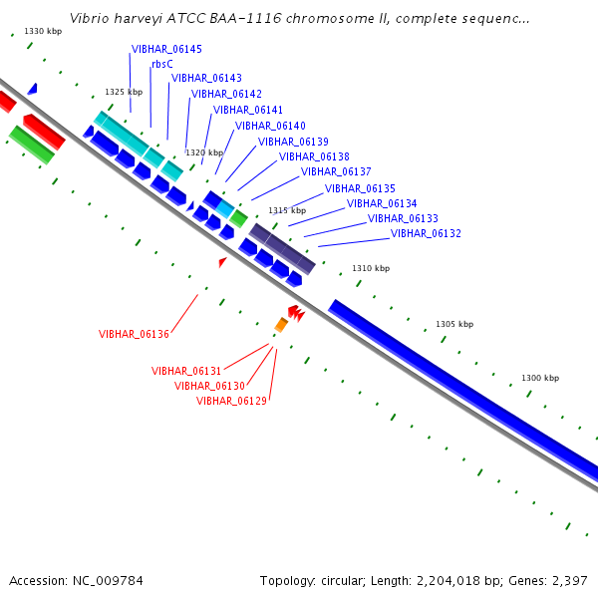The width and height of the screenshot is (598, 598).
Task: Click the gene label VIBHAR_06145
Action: click(x=166, y=49)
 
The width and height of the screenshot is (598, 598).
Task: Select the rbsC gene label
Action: click(x=162, y=64)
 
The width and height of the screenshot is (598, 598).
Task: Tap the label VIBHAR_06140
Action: click(x=270, y=126)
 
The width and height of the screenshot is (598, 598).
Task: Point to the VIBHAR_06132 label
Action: click(x=426, y=233)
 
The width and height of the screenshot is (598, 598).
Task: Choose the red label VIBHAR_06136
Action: click(x=134, y=334)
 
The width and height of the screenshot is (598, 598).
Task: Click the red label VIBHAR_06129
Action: click(x=231, y=401)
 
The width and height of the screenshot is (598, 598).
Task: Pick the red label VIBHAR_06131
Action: click(x=186, y=371)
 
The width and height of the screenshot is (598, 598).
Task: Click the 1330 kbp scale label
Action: click(x=43, y=31)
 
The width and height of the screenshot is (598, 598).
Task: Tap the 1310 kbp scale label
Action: click(x=371, y=268)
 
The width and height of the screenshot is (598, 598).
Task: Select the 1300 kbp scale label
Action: click(x=540, y=378)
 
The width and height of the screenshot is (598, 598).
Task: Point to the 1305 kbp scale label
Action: click(x=454, y=324)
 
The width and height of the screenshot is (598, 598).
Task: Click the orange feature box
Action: click(x=281, y=325)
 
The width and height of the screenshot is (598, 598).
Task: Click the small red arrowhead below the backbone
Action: click(x=222, y=262)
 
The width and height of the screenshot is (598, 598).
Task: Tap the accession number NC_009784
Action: click(x=108, y=581)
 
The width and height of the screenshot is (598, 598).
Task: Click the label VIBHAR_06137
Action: click(x=336, y=171)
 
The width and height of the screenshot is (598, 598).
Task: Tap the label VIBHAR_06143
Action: click(x=206, y=78)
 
